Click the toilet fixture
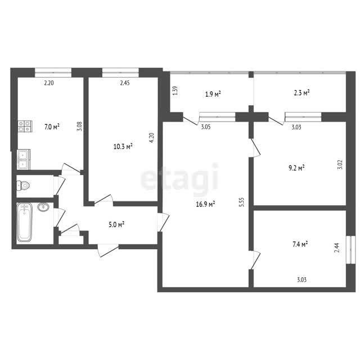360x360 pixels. click(x=23, y=186)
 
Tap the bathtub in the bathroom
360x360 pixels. click(x=24, y=222)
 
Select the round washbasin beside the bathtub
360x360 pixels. click(x=43, y=207)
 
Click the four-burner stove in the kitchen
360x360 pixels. click(x=25, y=126)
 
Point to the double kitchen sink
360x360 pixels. click(x=23, y=160)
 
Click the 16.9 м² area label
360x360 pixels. click(x=205, y=204)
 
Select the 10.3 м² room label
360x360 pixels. click(x=123, y=146)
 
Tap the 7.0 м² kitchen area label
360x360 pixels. click(x=52, y=127)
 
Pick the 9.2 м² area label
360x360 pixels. click(x=296, y=168)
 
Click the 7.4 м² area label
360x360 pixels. click(x=300, y=244)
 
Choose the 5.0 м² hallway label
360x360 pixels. click(x=116, y=224)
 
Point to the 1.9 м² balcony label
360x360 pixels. click(x=213, y=94)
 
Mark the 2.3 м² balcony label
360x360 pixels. click(x=301, y=93)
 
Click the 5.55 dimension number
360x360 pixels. click(x=241, y=202)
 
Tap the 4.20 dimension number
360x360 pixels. click(x=152, y=138)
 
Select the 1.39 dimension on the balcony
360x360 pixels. click(x=175, y=91)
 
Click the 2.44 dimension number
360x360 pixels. click(x=337, y=247)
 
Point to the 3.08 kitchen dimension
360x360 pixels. click(x=80, y=127)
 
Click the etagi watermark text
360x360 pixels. click(x=179, y=178)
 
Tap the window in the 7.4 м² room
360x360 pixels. click(x=350, y=250)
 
